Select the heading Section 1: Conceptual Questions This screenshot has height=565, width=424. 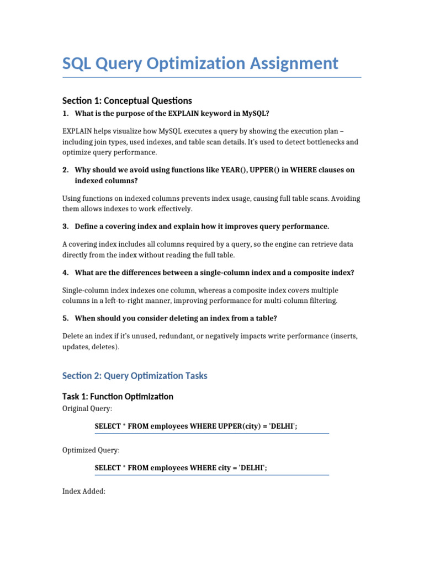[127, 100]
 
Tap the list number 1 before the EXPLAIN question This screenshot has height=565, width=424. [65, 114]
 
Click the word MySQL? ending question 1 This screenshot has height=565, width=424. [256, 114]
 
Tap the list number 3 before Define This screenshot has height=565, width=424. [65, 226]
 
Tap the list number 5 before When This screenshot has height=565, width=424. [65, 318]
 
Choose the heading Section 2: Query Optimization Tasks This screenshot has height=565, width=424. [135, 376]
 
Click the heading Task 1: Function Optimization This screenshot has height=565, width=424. [118, 397]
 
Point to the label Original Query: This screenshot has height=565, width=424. [87, 409]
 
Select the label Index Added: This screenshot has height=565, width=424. [84, 491]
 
